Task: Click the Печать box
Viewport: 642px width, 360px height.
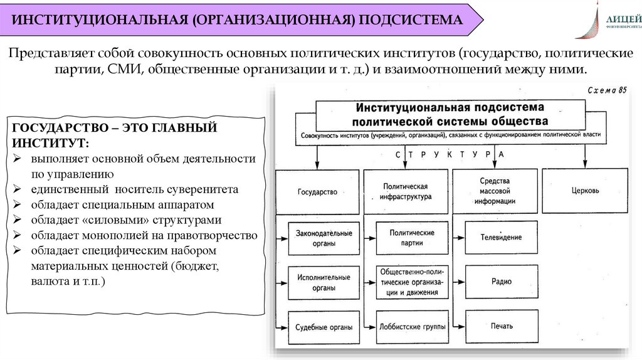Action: (502, 326)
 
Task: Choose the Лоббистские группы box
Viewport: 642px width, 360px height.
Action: (413, 326)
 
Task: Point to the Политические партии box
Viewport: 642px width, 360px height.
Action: (412, 238)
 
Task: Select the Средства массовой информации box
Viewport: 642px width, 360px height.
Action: (496, 191)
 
